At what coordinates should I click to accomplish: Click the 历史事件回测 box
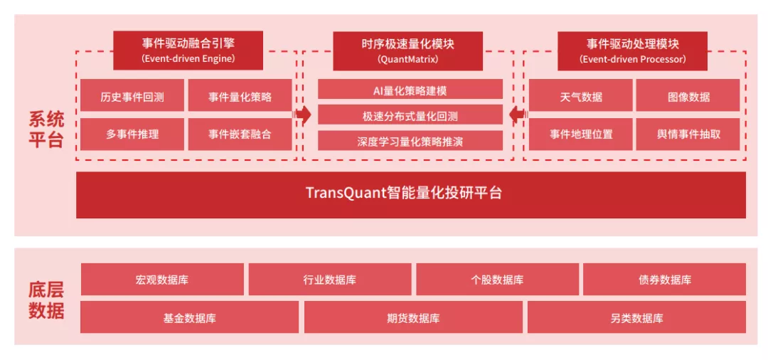coord(132,95)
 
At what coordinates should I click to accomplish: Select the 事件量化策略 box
coord(240,95)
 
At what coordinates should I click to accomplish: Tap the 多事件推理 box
coord(132,134)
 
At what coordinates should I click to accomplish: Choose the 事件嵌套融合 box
coord(240,134)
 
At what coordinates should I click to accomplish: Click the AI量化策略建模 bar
coord(410,90)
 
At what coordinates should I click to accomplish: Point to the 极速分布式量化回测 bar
coord(410,115)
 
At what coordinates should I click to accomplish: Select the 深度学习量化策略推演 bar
coord(410,141)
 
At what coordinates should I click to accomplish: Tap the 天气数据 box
coord(581,95)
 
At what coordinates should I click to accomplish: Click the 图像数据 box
coord(688,95)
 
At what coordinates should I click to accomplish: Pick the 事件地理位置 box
coord(581,134)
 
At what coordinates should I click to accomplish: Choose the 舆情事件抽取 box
coord(688,134)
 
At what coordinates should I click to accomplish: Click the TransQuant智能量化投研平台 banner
coord(411,194)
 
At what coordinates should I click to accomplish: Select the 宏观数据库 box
coord(162,280)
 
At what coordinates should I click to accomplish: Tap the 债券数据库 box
coord(664,280)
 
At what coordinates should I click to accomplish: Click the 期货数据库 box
coord(413,317)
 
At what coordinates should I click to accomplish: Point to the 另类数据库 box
coord(636,317)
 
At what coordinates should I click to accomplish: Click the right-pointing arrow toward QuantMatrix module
coord(304,115)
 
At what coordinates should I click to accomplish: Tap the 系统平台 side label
coord(46,129)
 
